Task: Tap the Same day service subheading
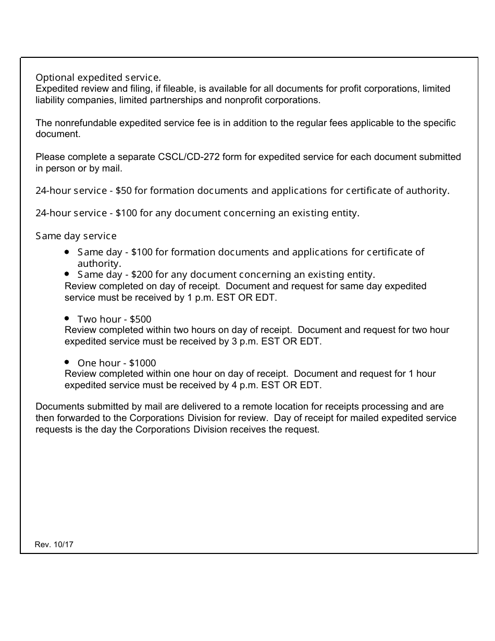(76, 236)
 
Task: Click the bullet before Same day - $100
(67, 252)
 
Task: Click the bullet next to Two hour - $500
(67, 318)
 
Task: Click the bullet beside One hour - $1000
(67, 362)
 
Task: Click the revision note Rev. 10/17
(54, 545)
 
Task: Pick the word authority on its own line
(98, 264)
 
